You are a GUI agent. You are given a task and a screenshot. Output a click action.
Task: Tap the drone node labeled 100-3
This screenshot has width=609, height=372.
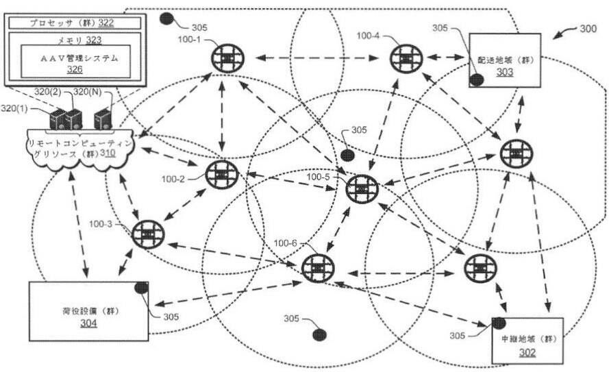[x=147, y=234]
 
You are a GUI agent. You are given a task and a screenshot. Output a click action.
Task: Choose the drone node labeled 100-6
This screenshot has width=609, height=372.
[x=316, y=267]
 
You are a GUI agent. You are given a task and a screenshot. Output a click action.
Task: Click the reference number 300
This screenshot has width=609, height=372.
[x=588, y=29]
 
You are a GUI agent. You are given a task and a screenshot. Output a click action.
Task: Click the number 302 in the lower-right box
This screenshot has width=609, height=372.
[x=527, y=352]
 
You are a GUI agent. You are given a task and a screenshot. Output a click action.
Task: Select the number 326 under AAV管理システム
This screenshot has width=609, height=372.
[x=74, y=69]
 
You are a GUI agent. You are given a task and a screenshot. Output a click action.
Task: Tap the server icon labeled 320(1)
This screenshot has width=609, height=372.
[x=57, y=119]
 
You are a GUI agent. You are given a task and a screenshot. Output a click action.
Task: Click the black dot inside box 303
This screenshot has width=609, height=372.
[x=477, y=79]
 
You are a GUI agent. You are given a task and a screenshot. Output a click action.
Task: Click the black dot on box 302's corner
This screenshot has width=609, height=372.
[x=499, y=323]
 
